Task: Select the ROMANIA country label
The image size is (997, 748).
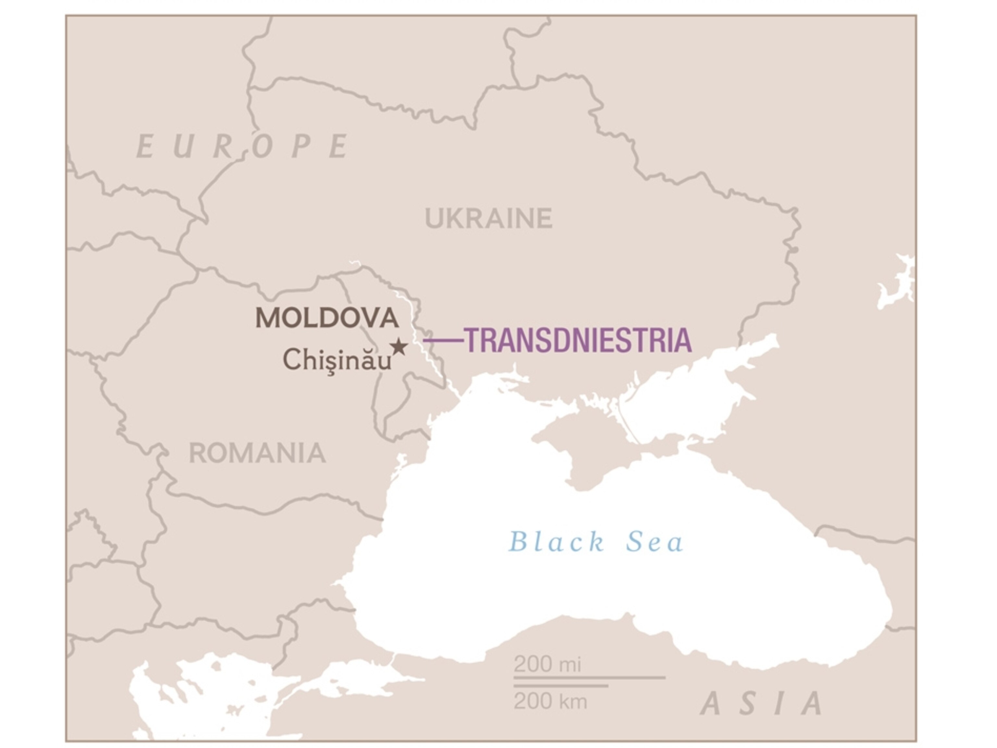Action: [x=257, y=453]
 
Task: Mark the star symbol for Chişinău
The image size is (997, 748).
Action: [x=399, y=347]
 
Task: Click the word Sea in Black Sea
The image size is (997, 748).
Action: [x=655, y=542]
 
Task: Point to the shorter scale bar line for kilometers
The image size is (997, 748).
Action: [x=561, y=686]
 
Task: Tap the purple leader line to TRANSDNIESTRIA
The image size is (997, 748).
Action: [x=444, y=341]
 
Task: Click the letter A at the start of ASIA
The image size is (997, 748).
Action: [x=711, y=704]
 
